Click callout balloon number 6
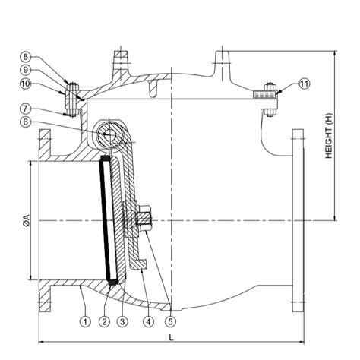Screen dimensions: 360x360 coord(48,121)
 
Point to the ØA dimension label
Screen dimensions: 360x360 coord(26,221)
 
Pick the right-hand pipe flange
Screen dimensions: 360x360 coord(296,220)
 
